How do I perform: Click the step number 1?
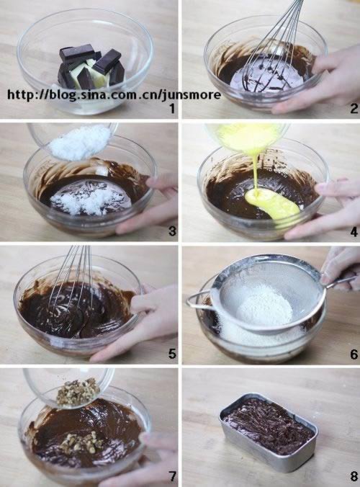click(172, 108)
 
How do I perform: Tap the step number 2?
click(354, 108)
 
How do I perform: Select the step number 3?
click(172, 231)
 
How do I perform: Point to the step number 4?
click(354, 232)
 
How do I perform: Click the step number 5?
click(172, 354)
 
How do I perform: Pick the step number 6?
click(354, 354)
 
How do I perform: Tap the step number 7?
click(172, 475)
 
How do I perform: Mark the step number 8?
click(354, 475)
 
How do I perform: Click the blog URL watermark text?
click(114, 94)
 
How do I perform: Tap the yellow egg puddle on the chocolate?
click(272, 203)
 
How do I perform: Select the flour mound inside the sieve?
click(264, 306)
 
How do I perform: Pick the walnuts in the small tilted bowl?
click(78, 391)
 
